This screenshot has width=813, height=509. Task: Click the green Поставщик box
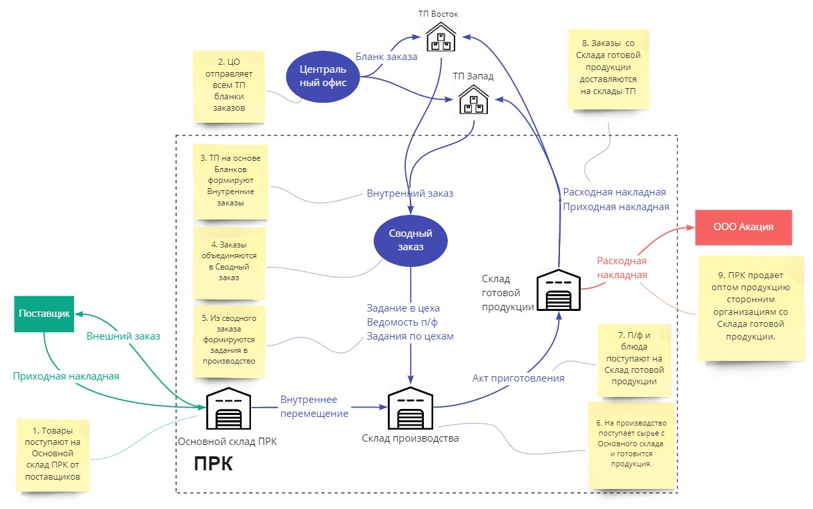pyautogui.click(x=44, y=314)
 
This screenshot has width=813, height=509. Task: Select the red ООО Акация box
pyautogui.click(x=744, y=227)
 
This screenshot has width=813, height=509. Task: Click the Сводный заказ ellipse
pyautogui.click(x=411, y=239)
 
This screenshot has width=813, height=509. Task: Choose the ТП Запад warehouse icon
pyautogui.click(x=473, y=100)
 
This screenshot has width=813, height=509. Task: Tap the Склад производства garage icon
pyautogui.click(x=410, y=409)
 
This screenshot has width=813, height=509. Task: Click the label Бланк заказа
pyautogui.click(x=386, y=57)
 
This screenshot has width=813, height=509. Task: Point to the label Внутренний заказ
pyautogui.click(x=410, y=193)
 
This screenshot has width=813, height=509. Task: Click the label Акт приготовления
pyautogui.click(x=519, y=378)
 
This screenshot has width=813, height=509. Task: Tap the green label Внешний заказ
pyautogui.click(x=123, y=336)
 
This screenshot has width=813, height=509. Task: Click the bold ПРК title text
pyautogui.click(x=214, y=463)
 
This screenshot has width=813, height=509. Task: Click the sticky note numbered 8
pyautogui.click(x=607, y=69)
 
